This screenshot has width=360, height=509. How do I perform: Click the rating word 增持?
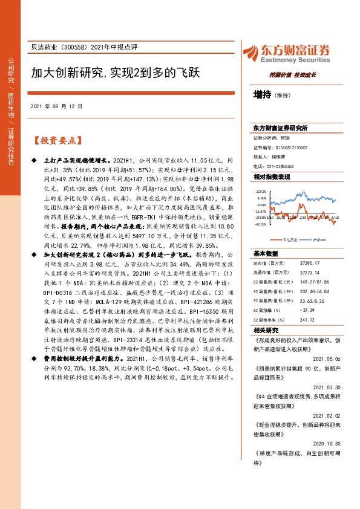click(x=262, y=94)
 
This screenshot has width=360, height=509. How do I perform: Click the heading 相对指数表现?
click(x=272, y=177)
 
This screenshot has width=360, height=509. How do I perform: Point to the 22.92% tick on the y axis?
click(x=261, y=190)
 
